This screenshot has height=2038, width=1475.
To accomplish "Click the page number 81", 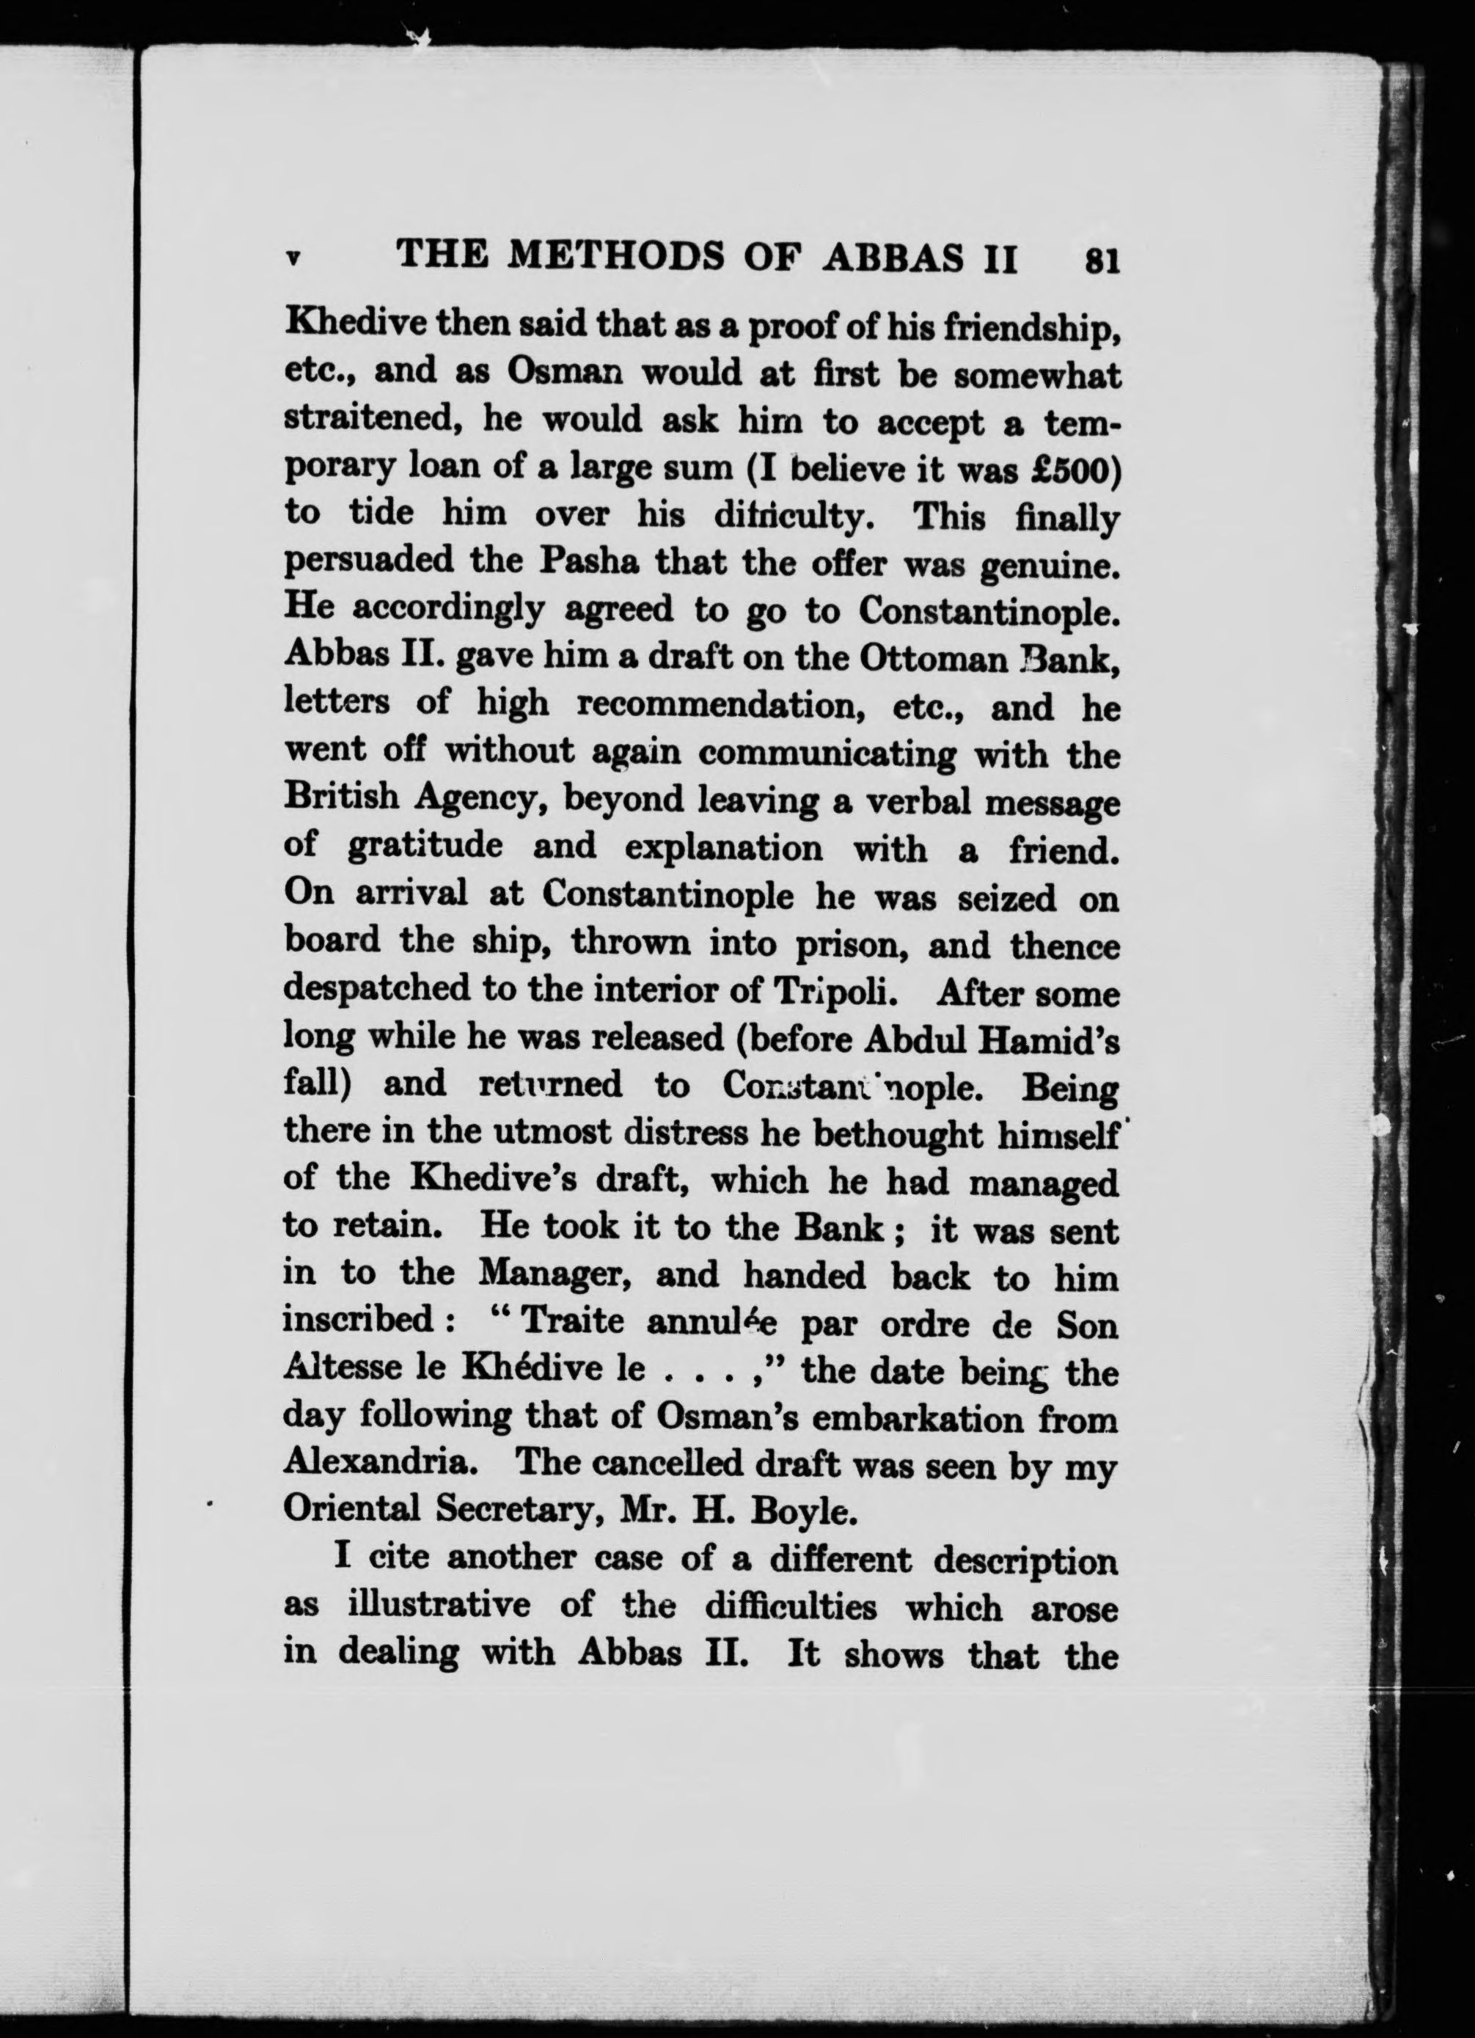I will point(1102,260).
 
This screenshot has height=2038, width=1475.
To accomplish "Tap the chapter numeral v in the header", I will point(292,258).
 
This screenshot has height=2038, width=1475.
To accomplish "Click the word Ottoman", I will point(934,659).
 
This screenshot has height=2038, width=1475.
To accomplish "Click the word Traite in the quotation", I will point(572,1322).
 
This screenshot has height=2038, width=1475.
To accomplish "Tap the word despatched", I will point(376,991).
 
